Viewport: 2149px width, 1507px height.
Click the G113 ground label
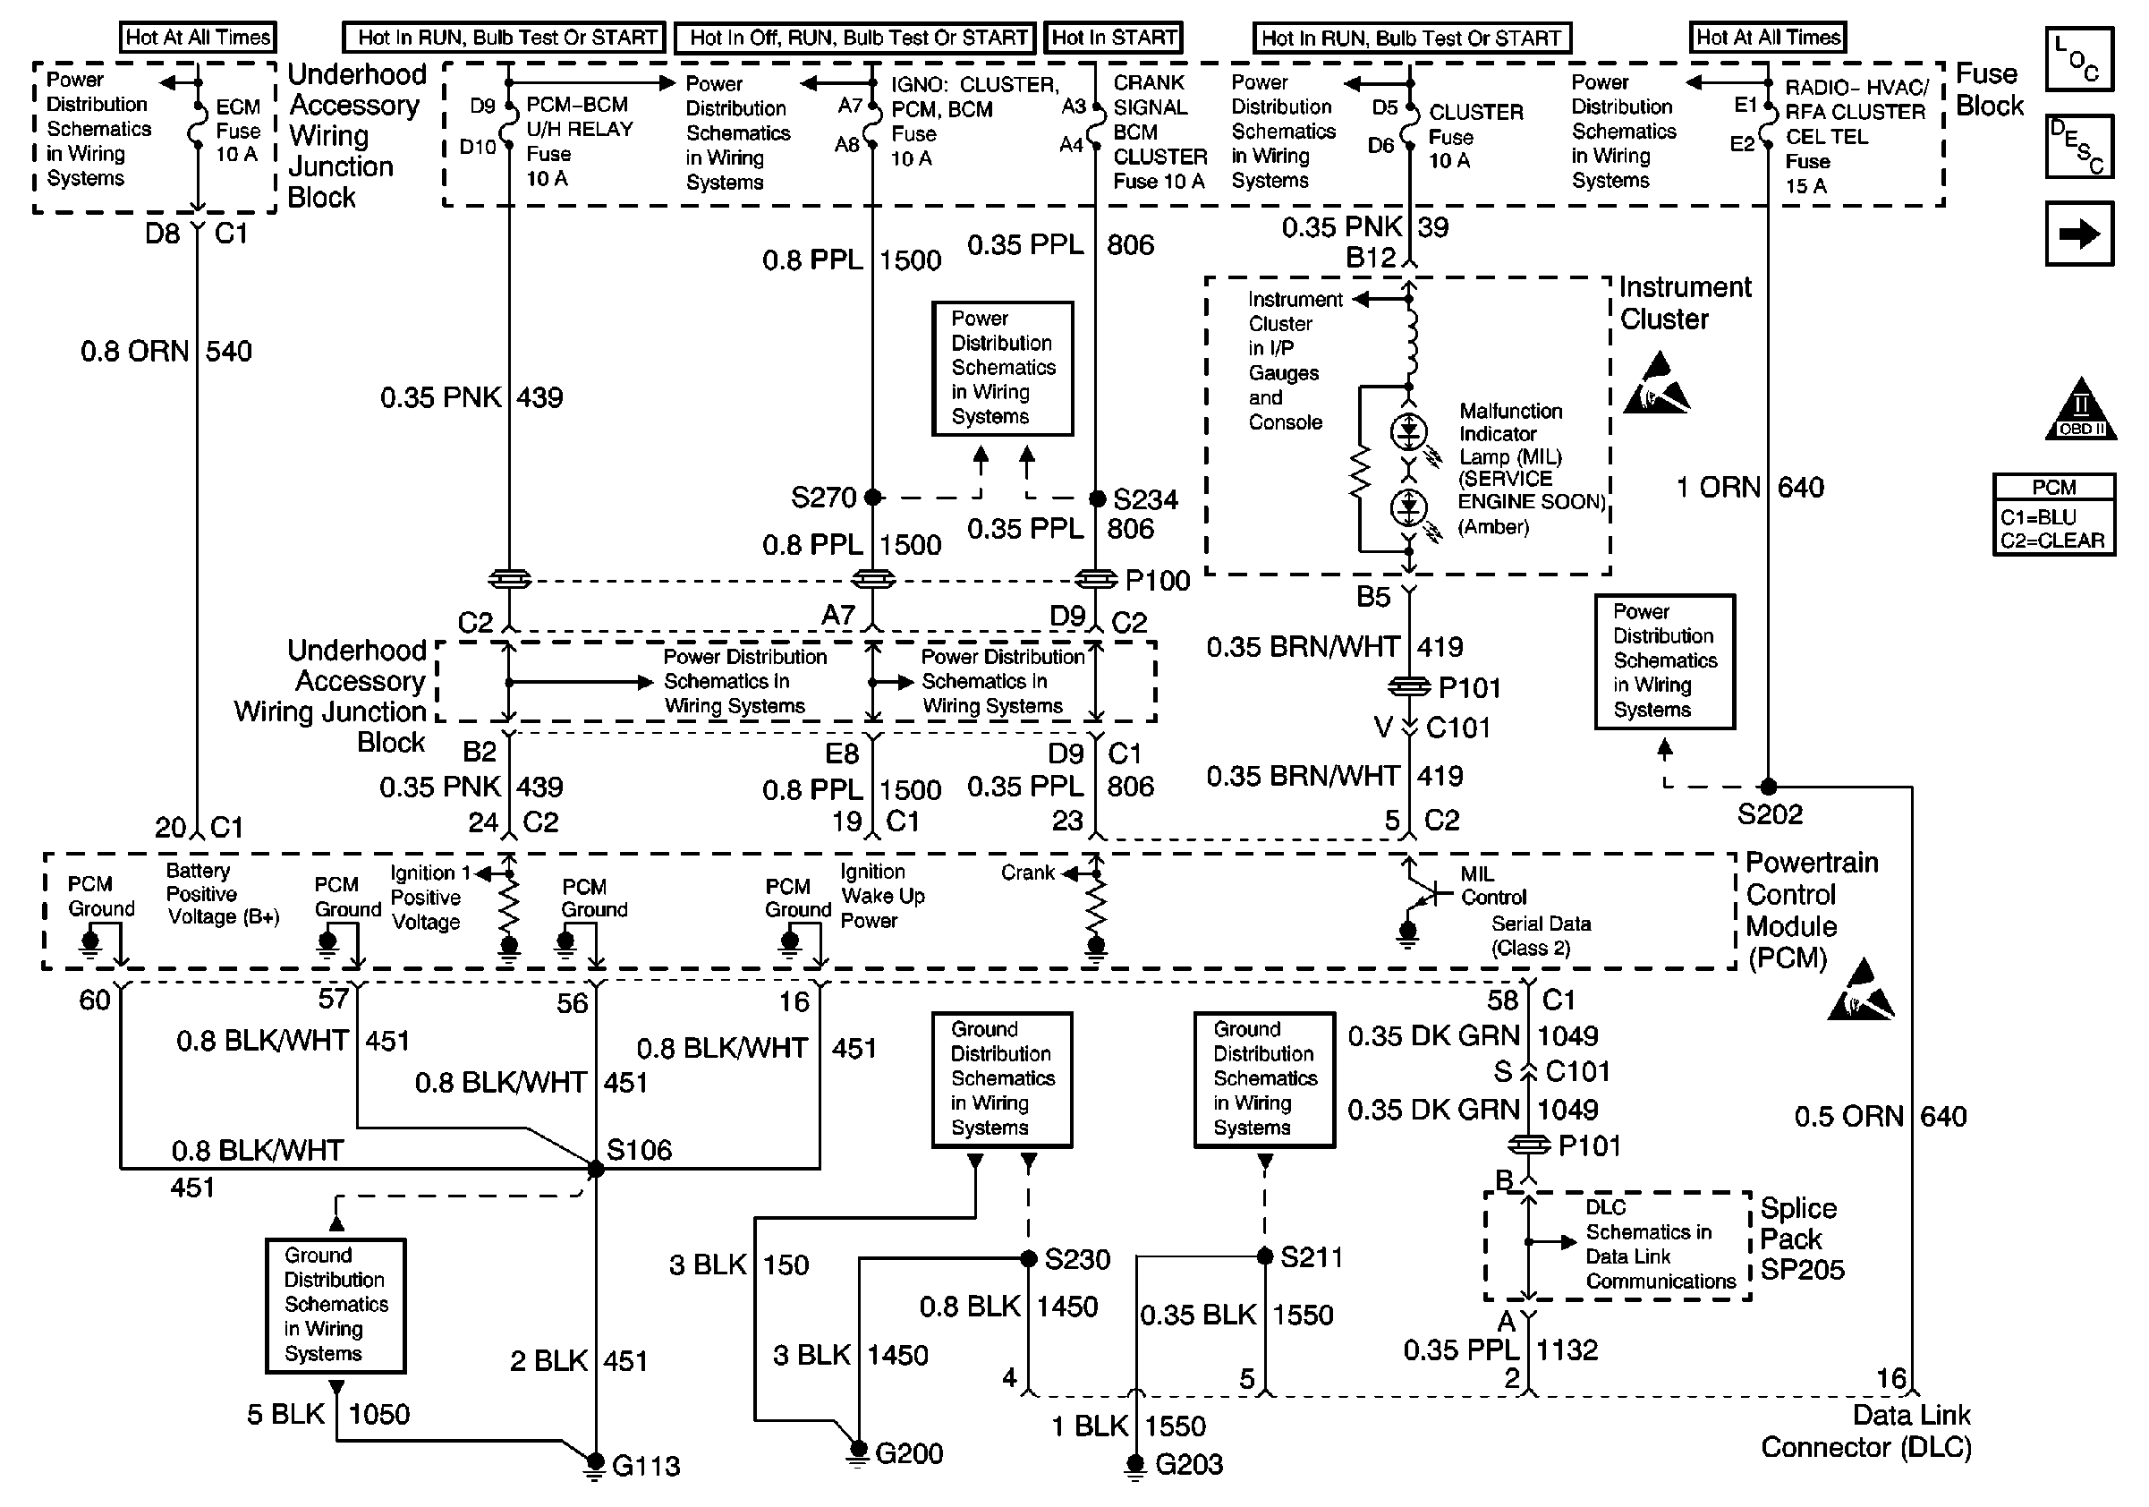coord(646,1465)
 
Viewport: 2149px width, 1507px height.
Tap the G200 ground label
coord(909,1452)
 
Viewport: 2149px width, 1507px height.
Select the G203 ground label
coord(1189,1464)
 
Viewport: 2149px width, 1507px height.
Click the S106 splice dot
coord(595,1169)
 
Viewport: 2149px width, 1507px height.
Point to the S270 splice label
coord(824,497)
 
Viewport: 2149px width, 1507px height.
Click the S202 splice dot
coord(1768,787)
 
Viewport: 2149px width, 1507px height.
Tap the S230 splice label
coord(1077,1259)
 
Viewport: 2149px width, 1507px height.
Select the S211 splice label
coord(1312,1257)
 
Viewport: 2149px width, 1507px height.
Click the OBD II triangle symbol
coord(2081,408)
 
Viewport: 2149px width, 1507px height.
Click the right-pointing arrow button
coord(2079,234)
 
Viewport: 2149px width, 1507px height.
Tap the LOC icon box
coord(2079,59)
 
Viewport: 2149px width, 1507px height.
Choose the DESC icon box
coord(2079,146)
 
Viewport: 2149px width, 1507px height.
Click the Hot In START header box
coord(1114,38)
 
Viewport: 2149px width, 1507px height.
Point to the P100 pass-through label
coord(1158,580)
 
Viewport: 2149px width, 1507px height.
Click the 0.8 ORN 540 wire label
coord(166,351)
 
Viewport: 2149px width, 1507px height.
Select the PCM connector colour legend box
coord(2054,515)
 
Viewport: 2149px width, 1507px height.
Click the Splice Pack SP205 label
coord(1802,1239)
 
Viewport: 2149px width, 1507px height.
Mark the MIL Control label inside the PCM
coord(1493,885)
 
